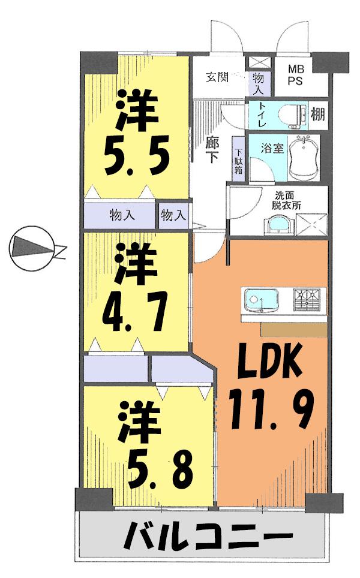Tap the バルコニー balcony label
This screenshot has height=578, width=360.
pyautogui.click(x=208, y=535)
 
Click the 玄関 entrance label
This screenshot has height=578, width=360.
pyautogui.click(x=218, y=77)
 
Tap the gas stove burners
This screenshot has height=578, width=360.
pyautogui.click(x=307, y=298)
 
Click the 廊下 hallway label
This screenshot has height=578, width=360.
pyautogui.click(x=212, y=150)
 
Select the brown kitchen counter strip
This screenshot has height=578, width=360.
pyautogui.click(x=295, y=329)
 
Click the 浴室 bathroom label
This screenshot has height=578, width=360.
pyautogui.click(x=274, y=147)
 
